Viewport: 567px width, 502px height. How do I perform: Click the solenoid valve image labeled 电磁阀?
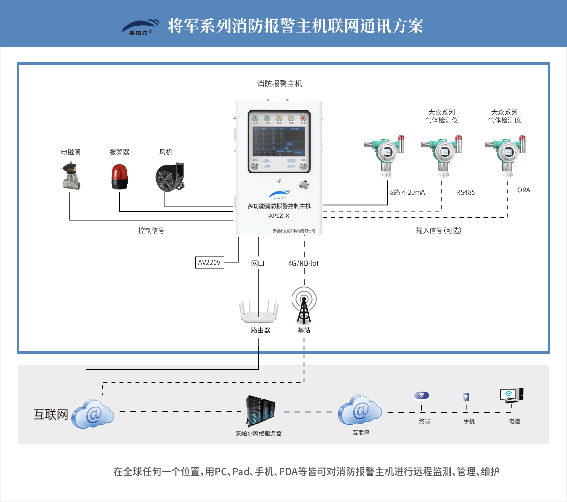click(71, 176)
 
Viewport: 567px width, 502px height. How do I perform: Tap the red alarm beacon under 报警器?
click(119, 177)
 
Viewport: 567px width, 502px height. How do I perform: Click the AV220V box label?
click(209, 262)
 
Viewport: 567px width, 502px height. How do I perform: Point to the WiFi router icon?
click(258, 312)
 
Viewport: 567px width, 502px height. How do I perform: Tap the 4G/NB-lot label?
click(303, 263)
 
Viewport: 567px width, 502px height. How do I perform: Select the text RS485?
click(465, 192)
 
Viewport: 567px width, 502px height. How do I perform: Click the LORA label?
click(522, 190)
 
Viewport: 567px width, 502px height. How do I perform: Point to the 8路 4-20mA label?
click(408, 192)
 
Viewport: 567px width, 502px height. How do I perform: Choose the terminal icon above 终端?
click(421, 397)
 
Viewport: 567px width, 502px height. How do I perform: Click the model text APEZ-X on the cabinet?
click(279, 216)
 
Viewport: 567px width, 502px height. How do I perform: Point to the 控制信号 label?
click(151, 231)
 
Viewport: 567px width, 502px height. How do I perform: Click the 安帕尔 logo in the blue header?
click(140, 27)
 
